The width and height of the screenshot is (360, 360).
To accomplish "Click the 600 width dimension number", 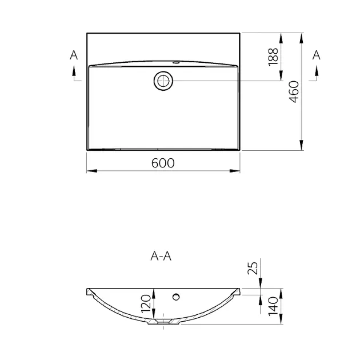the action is point(163,163).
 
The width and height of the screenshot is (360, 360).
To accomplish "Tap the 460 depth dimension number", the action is point(294,91).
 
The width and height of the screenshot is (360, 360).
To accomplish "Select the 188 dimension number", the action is point(273,57).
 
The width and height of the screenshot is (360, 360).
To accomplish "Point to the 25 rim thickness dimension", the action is point(253,268).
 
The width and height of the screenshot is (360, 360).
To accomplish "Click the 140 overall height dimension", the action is point(273,306).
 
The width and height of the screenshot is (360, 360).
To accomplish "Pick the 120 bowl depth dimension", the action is point(146,304).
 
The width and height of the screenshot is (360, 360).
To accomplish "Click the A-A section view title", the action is point(161,256).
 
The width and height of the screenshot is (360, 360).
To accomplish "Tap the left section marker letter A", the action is point(74,55).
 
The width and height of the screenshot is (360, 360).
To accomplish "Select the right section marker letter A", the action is point(317,55).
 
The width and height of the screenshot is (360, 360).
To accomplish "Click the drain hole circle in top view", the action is point(163,74).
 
